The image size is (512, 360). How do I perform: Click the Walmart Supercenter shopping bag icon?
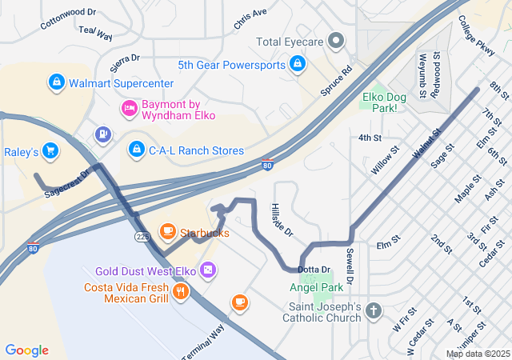point(56,82)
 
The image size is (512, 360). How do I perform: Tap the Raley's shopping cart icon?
point(50,150)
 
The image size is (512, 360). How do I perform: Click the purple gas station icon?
point(102,134)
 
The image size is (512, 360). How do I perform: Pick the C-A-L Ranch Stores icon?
point(137,150)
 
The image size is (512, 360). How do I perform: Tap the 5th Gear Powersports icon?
point(297,63)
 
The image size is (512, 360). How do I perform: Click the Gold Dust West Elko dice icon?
point(208,271)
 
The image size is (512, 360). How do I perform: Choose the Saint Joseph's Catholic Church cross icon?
point(373,310)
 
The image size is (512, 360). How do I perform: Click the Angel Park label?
point(316,287)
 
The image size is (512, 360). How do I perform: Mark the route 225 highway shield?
point(142,237)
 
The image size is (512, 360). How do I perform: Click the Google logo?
point(27,350)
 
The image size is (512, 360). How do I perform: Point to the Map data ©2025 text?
point(477,354)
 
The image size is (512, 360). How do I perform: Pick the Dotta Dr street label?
point(314,270)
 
